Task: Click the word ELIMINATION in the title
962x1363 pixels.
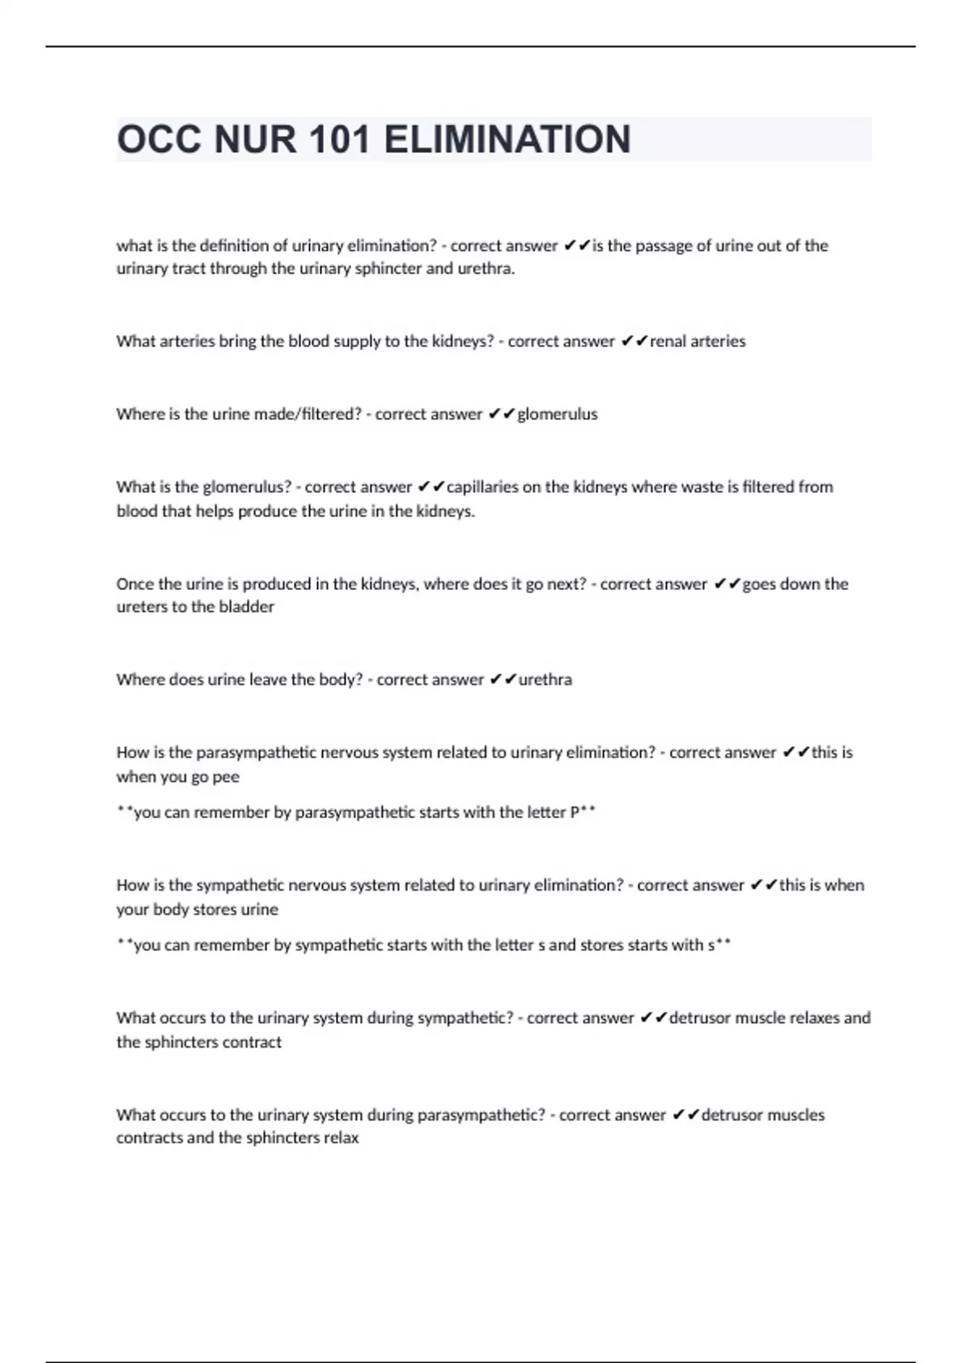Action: (x=507, y=140)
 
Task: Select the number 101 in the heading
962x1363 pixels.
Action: (x=338, y=140)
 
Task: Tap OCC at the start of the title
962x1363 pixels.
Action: (x=159, y=140)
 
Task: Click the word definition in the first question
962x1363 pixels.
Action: (x=233, y=245)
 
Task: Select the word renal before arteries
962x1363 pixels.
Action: (x=668, y=341)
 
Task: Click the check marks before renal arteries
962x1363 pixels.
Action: (x=634, y=341)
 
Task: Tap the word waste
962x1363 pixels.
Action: (x=701, y=487)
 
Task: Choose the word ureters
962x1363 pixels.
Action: (x=142, y=607)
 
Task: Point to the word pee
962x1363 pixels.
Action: (x=226, y=777)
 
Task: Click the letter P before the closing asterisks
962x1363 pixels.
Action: (x=575, y=812)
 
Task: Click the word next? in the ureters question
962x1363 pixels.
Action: (x=567, y=584)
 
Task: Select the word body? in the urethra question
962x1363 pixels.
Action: (x=341, y=679)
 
